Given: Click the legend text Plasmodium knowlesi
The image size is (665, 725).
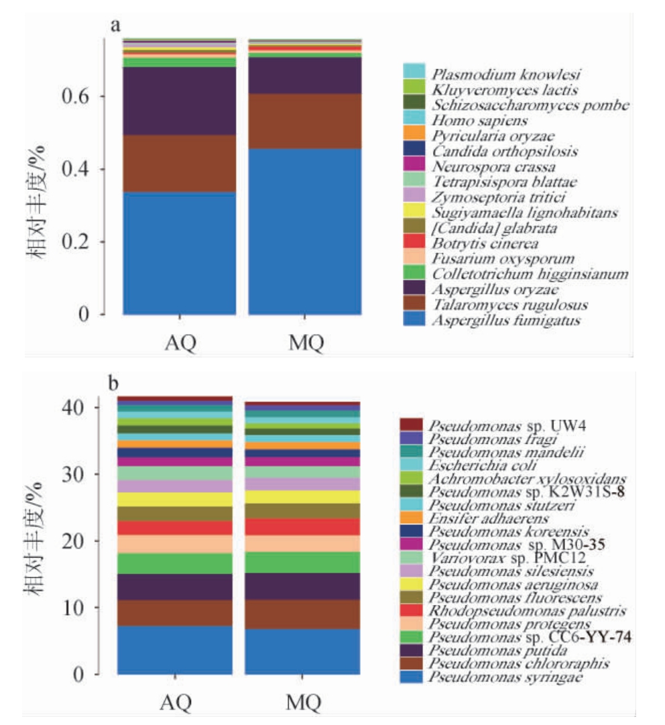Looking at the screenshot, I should (505, 74).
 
